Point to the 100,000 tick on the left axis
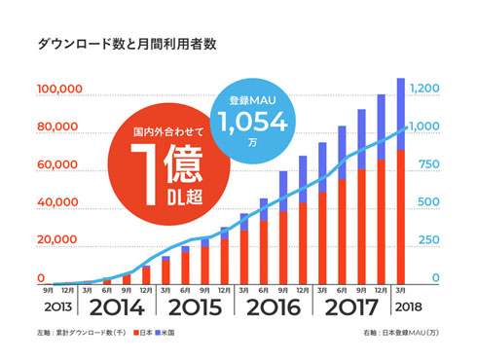coord(58,90)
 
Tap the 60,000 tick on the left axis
coord(59,164)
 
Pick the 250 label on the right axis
coord(427,240)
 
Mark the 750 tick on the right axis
coord(427,164)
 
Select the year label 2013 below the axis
coord(55,309)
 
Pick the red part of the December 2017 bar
coord(381,224)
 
